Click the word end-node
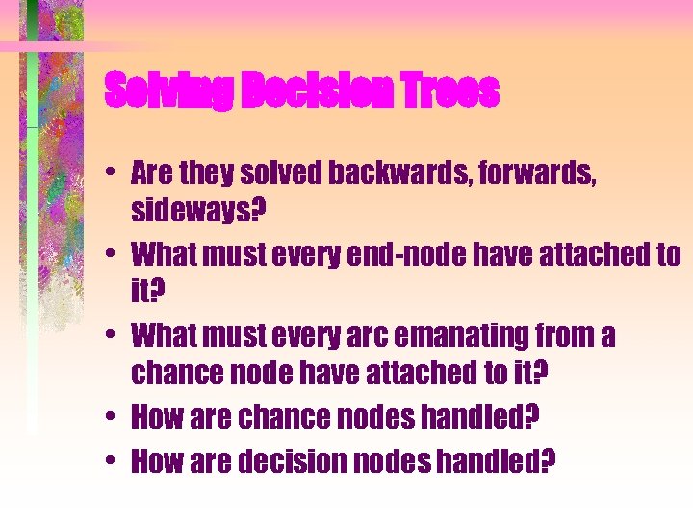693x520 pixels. (x=442, y=254)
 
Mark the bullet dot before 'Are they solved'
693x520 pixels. (x=113, y=174)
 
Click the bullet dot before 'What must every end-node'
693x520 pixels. (x=113, y=255)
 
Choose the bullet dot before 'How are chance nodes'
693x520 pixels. (x=113, y=418)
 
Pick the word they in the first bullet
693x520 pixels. (x=209, y=173)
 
